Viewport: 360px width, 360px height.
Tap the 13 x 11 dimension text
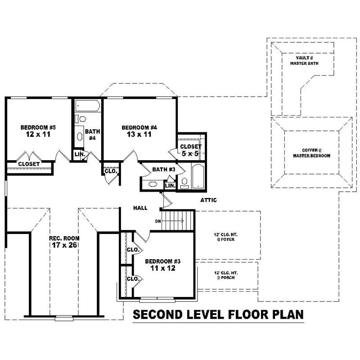click(x=139, y=135)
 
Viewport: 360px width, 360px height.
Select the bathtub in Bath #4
click(x=87, y=107)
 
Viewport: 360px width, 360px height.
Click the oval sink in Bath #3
click(x=153, y=184)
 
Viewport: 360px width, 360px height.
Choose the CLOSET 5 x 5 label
click(x=191, y=150)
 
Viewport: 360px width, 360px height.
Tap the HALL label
click(x=140, y=208)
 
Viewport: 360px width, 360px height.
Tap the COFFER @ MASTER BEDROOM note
click(x=311, y=153)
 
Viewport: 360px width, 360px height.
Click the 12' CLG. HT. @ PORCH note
click(x=224, y=275)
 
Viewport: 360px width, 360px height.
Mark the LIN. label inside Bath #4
click(x=79, y=154)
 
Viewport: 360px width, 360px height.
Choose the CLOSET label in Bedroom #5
click(x=29, y=164)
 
